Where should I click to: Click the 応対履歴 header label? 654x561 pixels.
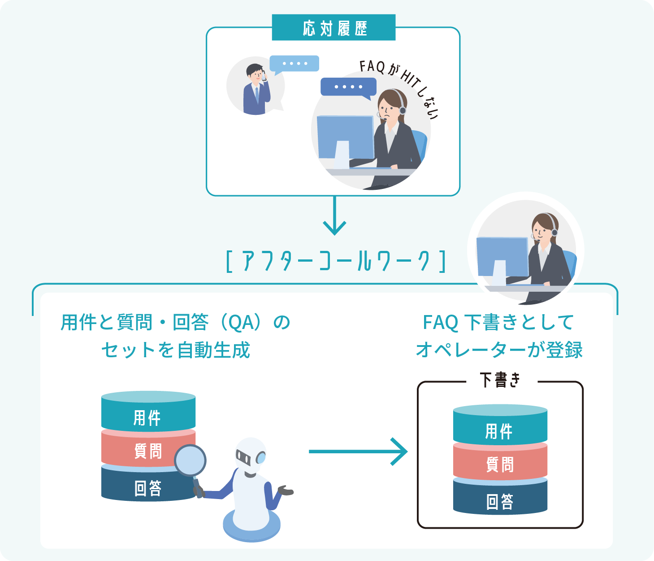[x=333, y=28]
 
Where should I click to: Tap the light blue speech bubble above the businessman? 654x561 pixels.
[x=295, y=64]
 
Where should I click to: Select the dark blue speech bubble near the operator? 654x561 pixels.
[x=348, y=87]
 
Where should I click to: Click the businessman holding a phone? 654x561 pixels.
[x=256, y=90]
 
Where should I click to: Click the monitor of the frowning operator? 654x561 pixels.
[x=345, y=137]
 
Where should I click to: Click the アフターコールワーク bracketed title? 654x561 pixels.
[x=336, y=261]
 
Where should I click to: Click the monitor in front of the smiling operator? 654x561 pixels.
[x=502, y=257]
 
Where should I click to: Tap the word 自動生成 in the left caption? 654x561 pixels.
[x=213, y=351]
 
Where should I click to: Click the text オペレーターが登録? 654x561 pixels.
[x=499, y=350]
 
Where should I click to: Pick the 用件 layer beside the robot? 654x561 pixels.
[x=148, y=417]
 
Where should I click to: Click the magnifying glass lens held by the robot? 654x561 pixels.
[x=190, y=460]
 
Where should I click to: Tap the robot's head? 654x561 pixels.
[x=251, y=456]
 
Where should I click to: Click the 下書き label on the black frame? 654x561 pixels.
[x=500, y=380]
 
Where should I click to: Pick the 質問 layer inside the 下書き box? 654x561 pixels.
[x=500, y=464]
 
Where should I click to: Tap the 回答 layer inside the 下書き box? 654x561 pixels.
[x=500, y=501]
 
